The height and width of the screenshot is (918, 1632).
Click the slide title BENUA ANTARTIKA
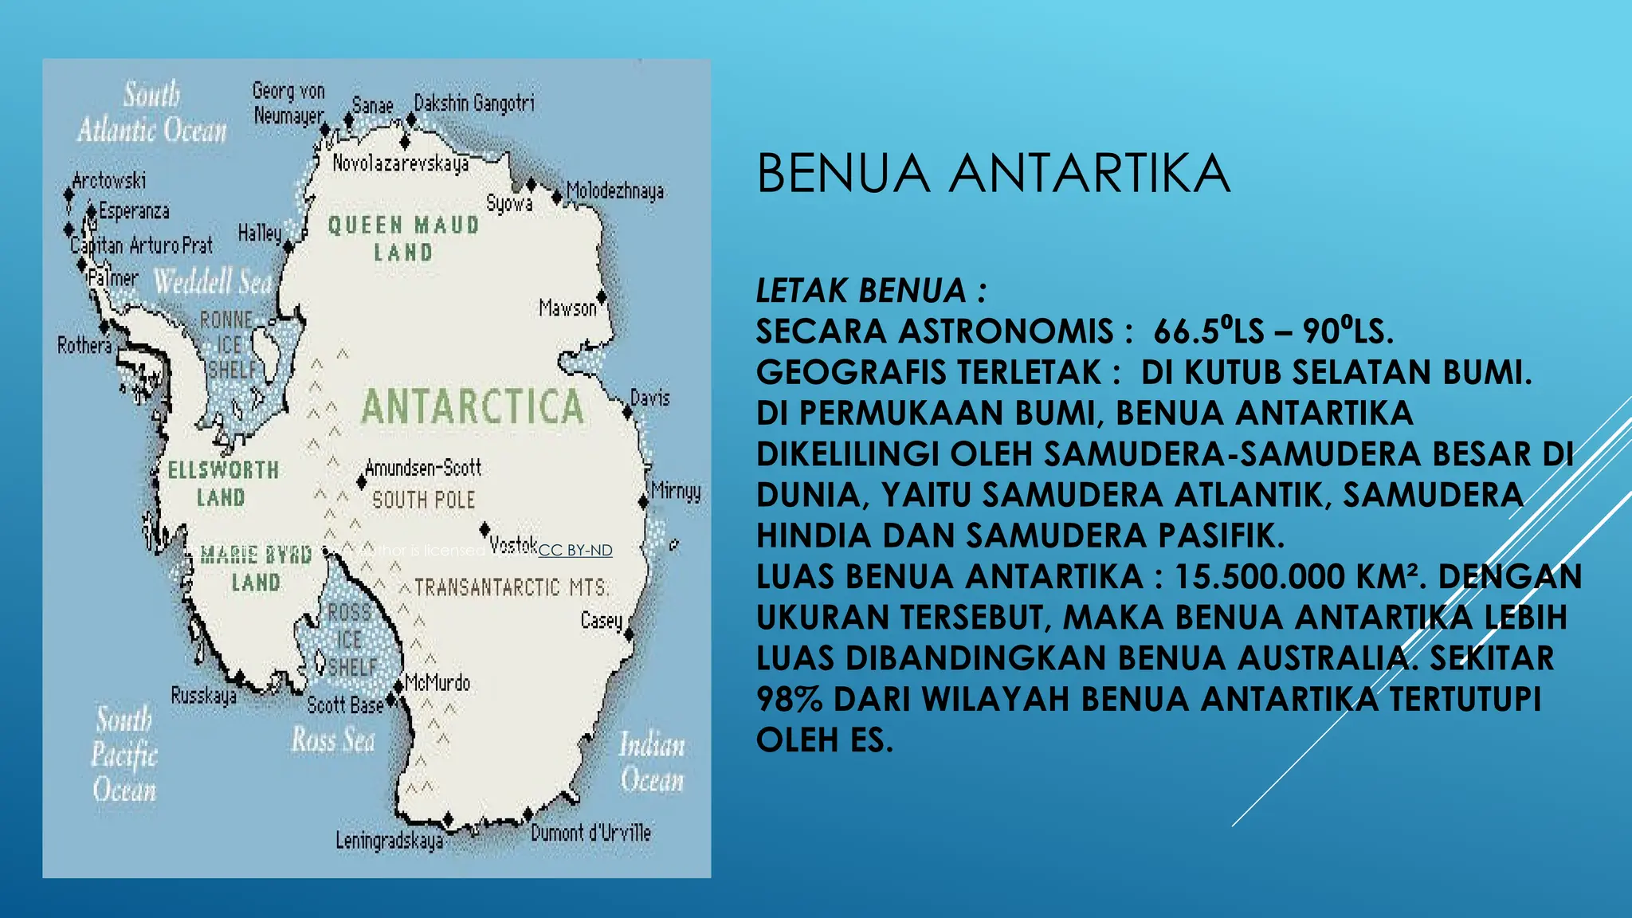click(993, 174)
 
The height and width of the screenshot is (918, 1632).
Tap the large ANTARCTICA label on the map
click(473, 406)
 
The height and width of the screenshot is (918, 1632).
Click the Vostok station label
click(513, 545)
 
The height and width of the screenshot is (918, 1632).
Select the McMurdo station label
click(437, 683)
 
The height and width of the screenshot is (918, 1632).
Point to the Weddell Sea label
click(213, 281)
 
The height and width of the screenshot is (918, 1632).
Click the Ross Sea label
click(333, 740)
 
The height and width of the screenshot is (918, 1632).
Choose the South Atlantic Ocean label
click(151, 112)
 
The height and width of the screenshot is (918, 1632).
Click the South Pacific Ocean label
click(124, 754)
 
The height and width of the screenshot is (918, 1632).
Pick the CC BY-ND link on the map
click(575, 550)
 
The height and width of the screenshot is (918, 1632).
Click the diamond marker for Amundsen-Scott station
click(362, 482)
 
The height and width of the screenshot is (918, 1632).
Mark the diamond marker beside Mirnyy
click(643, 502)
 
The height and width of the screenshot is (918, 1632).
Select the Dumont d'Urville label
click(590, 834)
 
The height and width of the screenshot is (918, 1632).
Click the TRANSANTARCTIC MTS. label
click(511, 588)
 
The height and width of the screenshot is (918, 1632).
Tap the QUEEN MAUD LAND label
click(403, 238)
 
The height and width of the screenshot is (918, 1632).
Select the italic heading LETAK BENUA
click(861, 291)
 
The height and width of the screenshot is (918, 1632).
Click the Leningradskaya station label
click(389, 841)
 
